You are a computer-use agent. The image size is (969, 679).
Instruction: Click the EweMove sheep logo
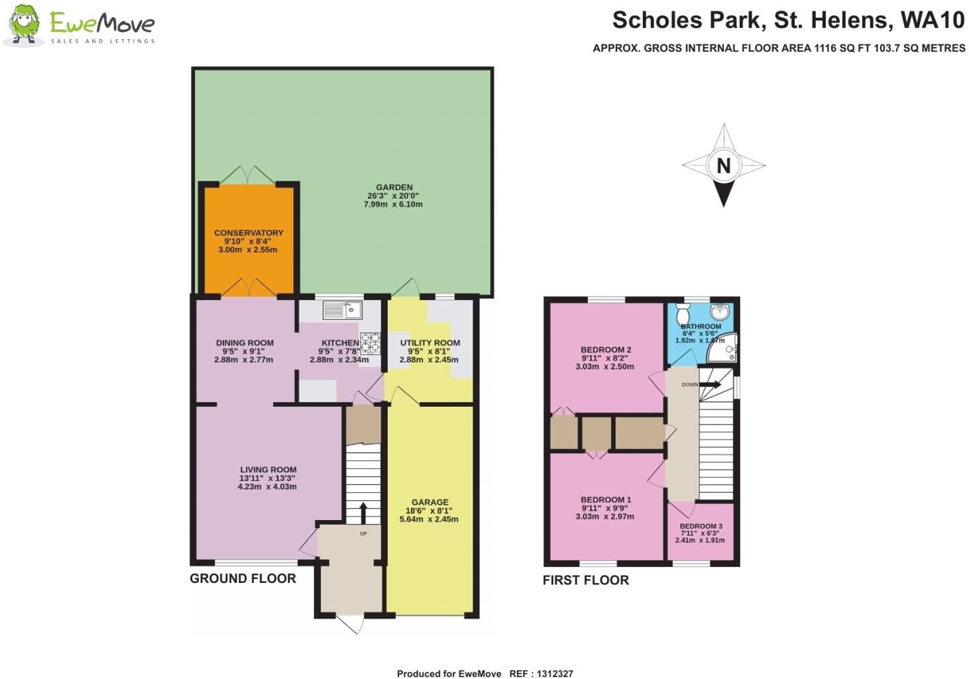[24, 25]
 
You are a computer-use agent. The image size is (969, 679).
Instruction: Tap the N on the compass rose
[723, 166]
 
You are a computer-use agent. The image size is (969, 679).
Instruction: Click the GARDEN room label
[394, 187]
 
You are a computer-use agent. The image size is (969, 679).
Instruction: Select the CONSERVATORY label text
[249, 233]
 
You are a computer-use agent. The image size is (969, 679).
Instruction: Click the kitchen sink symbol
[341, 309]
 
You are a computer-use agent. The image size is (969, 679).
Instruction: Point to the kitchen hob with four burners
[370, 342]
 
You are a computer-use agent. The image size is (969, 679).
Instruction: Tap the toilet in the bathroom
[683, 314]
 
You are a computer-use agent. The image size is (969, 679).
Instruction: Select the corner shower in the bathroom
[724, 349]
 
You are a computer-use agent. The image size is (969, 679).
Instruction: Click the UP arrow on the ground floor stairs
[363, 512]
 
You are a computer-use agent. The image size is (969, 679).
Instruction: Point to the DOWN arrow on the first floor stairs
[710, 384]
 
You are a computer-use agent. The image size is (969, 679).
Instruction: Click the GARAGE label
[429, 502]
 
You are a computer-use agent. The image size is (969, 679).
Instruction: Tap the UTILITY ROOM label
[429, 343]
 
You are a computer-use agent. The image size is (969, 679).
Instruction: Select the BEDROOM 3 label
[701, 526]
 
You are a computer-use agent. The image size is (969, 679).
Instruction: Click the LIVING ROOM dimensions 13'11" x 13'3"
[268, 478]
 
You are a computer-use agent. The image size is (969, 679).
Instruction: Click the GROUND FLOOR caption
[243, 578]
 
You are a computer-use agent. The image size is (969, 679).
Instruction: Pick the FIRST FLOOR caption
[585, 580]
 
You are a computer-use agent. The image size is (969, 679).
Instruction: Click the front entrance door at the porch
[349, 623]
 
